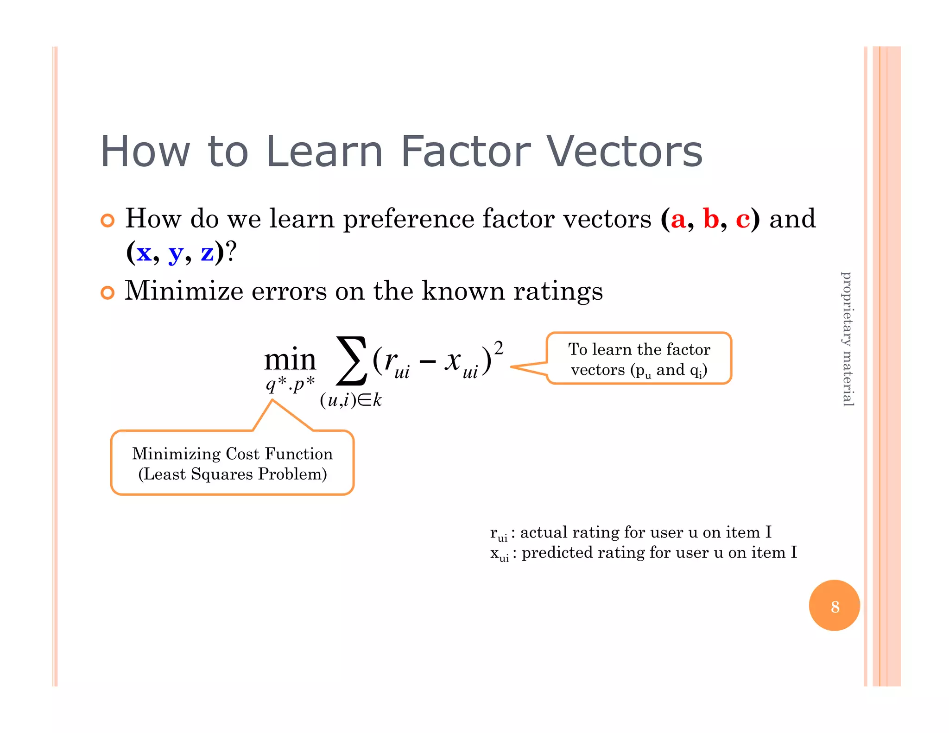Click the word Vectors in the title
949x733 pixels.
pos(625,152)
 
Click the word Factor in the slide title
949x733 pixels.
pos(465,152)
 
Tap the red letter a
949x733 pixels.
pos(678,219)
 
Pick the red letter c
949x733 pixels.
pos(742,219)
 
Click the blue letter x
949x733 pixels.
pos(144,253)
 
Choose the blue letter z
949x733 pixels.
pos(207,253)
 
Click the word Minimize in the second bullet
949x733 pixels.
pos(184,291)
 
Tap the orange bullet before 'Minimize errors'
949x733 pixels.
pos(108,293)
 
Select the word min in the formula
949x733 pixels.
pos(290,360)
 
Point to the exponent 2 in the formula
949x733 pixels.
pos(499,348)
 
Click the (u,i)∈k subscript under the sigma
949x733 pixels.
pos(351,400)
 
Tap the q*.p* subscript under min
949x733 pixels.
pos(290,384)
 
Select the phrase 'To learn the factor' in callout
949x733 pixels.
pos(639,349)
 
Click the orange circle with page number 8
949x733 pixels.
pos(834,606)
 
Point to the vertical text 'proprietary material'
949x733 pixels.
pos(847,339)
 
